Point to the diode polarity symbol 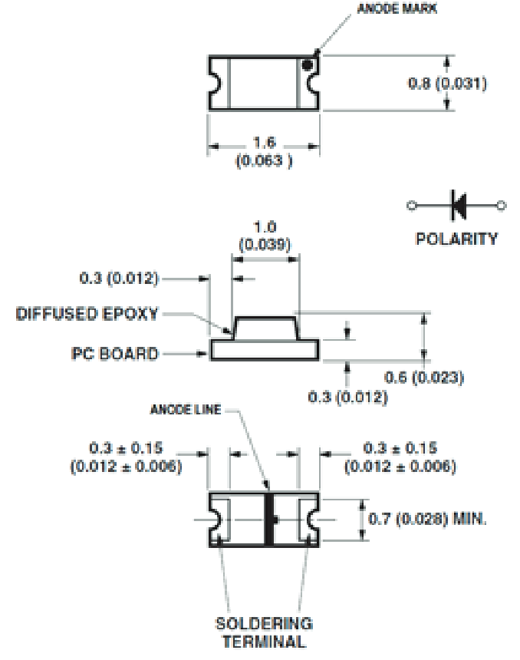tap(458, 205)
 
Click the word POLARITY tap(456, 238)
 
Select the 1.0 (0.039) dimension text tap(265, 235)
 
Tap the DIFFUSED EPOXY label tap(87, 315)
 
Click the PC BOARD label tap(115, 354)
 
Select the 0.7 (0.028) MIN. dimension tap(428, 520)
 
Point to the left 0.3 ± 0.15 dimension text tap(125, 457)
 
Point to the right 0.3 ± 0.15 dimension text tap(400, 457)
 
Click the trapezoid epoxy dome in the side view tap(265, 328)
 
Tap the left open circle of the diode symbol tap(411, 205)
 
